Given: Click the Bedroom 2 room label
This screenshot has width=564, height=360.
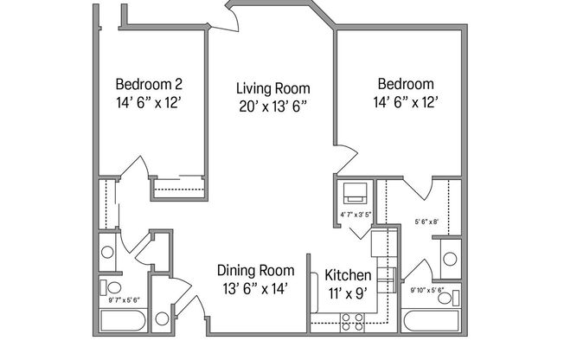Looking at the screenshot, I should tap(148, 85).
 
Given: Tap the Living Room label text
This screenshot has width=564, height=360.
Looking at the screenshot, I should tap(273, 88).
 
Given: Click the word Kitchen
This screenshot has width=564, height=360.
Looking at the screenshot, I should tap(349, 275).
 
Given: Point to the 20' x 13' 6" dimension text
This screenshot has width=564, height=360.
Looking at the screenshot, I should tap(273, 107).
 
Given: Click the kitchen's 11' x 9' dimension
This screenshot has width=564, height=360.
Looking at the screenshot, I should tap(349, 293).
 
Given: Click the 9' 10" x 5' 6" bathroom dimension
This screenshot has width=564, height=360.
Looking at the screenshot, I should tap(427, 291).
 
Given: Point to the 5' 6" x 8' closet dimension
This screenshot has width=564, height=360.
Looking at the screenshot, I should tap(427, 222).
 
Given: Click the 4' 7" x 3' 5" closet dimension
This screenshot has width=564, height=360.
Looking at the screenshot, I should tap(356, 213).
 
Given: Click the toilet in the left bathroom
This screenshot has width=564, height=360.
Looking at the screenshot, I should tap(112, 287).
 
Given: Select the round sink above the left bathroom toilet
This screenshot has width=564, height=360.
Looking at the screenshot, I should tap(108, 253).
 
